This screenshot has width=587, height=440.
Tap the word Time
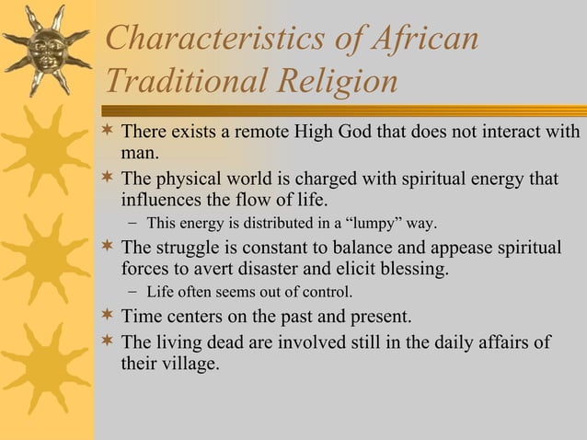[x=141, y=318]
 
